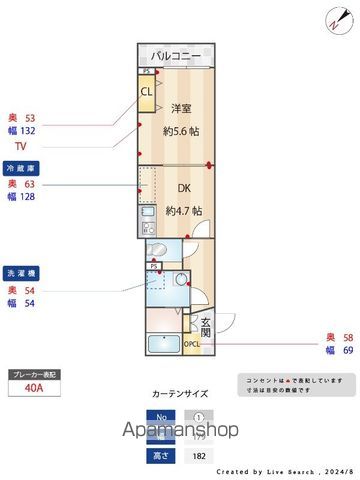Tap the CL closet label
coord(147,92)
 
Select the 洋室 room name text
coord(181,108)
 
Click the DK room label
coord(184,188)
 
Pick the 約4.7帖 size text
coord(183,210)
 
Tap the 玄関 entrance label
coord(205,326)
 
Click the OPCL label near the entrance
coord(192,344)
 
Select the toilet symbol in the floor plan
coord(157,249)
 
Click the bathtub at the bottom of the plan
coord(163,345)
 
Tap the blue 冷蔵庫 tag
coord(22,168)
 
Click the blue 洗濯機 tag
coord(22,272)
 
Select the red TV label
coord(20,145)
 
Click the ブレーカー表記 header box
coord(35,374)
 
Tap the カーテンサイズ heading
coord(181,395)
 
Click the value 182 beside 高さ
coord(199,455)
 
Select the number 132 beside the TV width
coord(28,131)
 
